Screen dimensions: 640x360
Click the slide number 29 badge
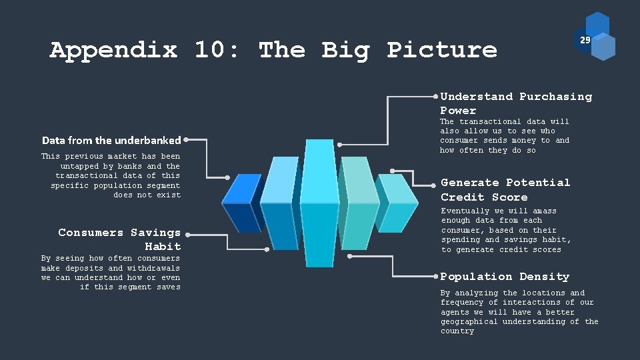(x=585, y=41)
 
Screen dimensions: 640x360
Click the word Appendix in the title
(x=113, y=50)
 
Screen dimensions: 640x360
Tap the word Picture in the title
(x=442, y=50)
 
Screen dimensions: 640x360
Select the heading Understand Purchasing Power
(x=515, y=103)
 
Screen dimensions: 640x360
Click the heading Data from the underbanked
(x=111, y=140)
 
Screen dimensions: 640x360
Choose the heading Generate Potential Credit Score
(x=505, y=189)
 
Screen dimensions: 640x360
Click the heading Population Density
(x=505, y=276)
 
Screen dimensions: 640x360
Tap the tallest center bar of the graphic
(x=319, y=200)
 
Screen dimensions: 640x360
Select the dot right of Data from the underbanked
(x=186, y=140)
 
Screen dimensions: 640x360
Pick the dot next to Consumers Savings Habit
(x=187, y=234)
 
